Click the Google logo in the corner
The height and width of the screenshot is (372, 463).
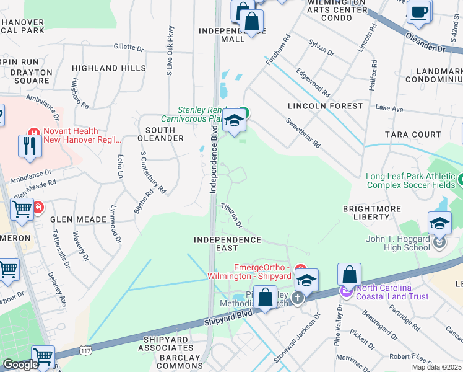coord(20,365)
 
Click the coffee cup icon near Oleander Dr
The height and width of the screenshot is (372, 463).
coord(419,12)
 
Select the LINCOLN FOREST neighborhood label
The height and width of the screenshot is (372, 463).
coord(325,106)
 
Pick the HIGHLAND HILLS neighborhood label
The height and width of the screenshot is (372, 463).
coord(108,68)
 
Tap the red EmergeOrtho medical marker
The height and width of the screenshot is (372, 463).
coord(301,268)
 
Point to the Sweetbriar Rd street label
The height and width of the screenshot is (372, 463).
coord(303,131)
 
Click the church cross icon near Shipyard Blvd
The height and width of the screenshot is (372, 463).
coord(298,298)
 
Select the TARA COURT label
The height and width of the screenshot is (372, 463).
coord(413,135)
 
